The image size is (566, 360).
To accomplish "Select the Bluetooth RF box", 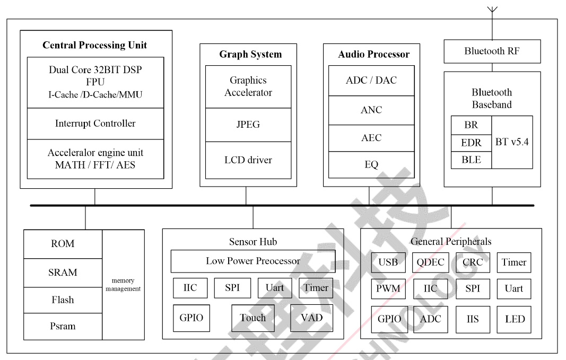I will (492, 51).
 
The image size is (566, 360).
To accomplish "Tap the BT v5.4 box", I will (511, 142).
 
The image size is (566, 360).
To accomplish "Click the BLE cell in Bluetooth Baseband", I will (471, 160).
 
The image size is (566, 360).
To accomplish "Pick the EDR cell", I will (471, 143).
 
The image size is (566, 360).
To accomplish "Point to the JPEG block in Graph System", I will (246, 125).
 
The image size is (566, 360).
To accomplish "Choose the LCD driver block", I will (246, 159).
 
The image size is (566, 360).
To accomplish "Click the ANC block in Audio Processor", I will (371, 110).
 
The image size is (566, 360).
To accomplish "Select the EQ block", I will (371, 164).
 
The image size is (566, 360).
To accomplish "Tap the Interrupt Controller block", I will (95, 124).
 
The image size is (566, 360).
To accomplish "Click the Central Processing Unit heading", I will (95, 45).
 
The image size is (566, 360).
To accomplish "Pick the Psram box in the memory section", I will (63, 326).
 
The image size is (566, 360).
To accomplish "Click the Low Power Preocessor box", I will (252, 261).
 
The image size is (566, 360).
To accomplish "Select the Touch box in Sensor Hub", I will (252, 318).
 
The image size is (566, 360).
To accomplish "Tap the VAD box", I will (311, 318).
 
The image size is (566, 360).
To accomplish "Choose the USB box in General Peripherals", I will (388, 262).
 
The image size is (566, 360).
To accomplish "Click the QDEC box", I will (430, 262).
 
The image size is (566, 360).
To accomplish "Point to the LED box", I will (514, 319).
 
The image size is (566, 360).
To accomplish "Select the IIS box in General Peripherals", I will (472, 319).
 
